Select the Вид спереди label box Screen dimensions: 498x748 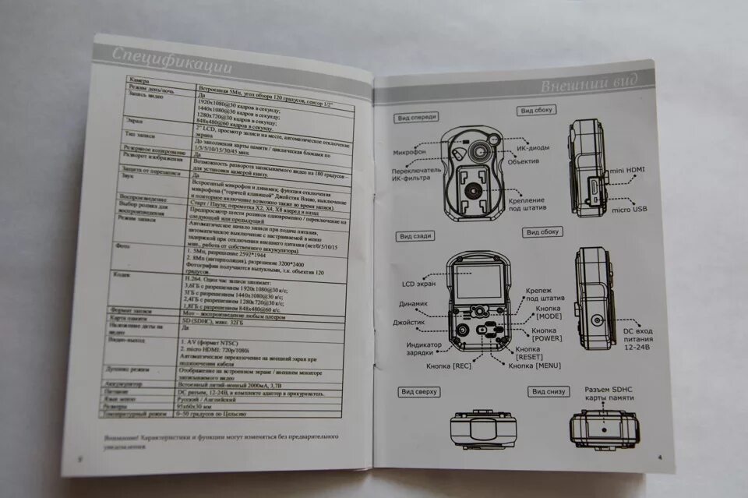coord(417,118)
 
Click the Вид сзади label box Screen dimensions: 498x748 coord(417,236)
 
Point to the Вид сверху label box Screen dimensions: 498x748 coord(419,392)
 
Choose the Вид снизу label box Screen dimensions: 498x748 coord(548,392)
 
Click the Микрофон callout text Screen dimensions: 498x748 coord(409,152)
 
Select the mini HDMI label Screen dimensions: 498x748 coord(628,169)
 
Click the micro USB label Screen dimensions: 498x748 coord(629,210)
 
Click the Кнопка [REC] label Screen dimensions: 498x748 coord(448,366)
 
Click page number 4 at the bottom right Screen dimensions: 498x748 coord(659,456)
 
